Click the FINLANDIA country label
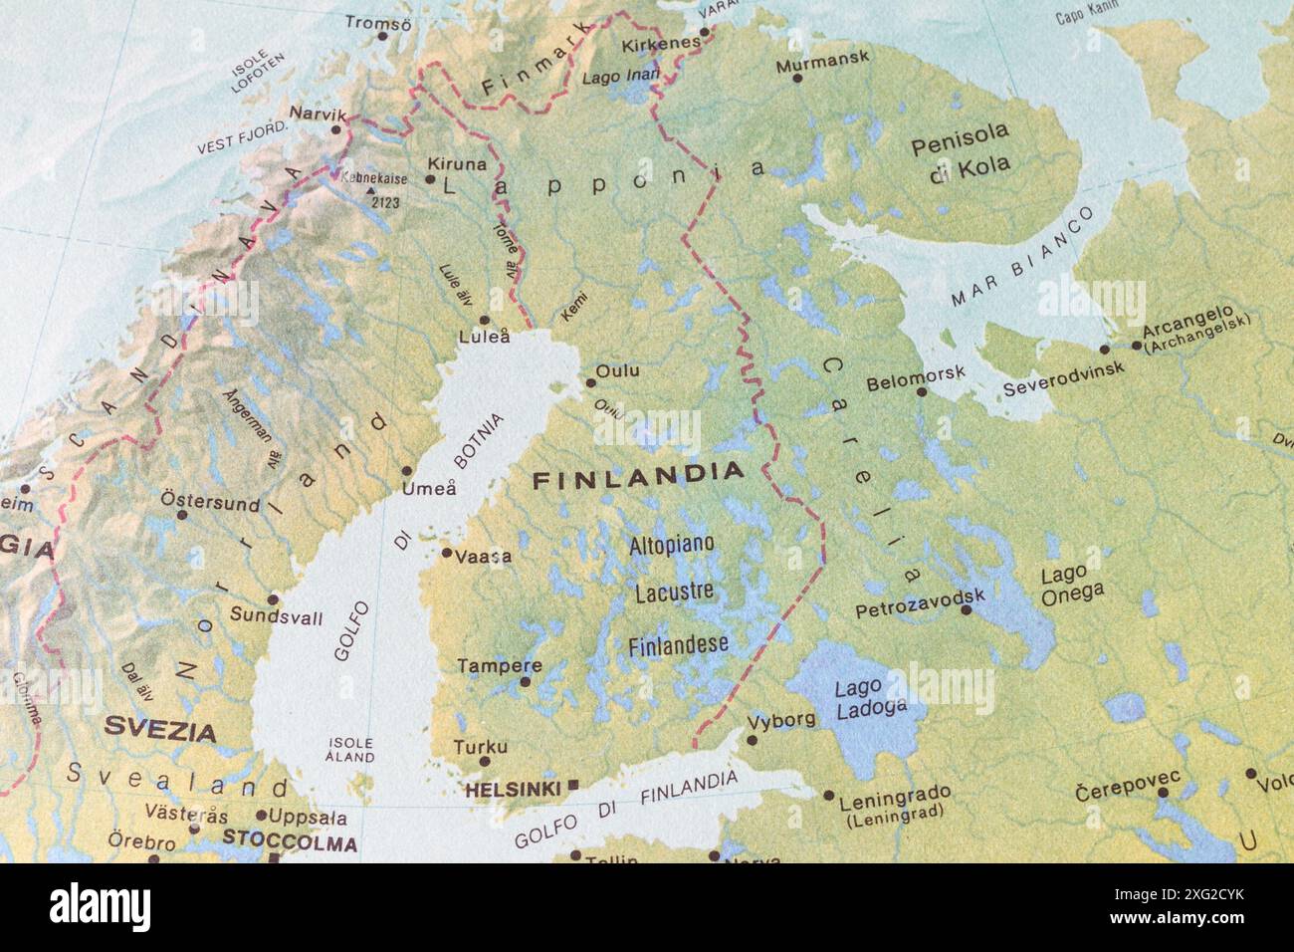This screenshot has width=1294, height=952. [638, 476]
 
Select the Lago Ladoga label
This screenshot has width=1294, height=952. [857, 697]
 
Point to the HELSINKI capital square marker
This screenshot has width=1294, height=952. [572, 786]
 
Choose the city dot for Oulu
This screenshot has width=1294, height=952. [589, 381]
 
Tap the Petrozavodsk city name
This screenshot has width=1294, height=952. [919, 601]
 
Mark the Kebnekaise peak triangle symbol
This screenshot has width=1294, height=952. [370, 190]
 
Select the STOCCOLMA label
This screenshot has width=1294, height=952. [289, 842]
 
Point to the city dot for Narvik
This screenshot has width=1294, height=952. [336, 129]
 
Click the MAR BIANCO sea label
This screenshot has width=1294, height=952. [1022, 255]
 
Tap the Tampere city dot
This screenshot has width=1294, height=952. [526, 682]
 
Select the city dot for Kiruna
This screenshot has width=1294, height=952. [430, 180]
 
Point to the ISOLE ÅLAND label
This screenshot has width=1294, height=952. [350, 749]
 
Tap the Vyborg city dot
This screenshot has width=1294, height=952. [753, 740]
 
